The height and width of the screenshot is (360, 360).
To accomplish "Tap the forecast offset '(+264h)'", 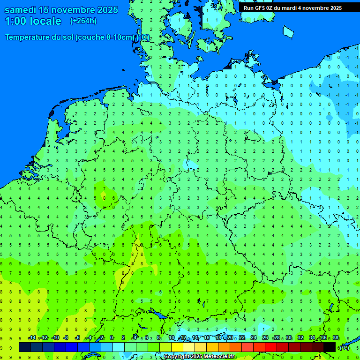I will (x=83, y=21).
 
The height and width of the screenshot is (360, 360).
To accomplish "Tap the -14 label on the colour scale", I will (x=32, y=338).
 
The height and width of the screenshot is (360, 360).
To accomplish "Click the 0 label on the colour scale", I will (x=112, y=338).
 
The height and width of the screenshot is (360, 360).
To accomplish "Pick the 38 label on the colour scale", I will (x=335, y=338).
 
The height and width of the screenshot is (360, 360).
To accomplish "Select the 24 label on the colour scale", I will (x=254, y=338).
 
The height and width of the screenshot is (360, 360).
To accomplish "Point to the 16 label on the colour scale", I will (x=207, y=338).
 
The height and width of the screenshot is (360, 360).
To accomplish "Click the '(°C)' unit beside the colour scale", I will (x=344, y=347).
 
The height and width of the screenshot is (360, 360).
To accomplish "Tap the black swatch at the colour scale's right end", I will (x=330, y=347).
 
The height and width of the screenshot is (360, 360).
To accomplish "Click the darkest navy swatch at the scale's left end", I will (x=25, y=347).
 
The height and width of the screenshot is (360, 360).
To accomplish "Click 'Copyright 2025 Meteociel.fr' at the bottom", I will (x=199, y=357).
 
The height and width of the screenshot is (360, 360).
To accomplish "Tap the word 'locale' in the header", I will (x=45, y=21).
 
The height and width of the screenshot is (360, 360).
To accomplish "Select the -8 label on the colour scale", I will (x=66, y=338).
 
